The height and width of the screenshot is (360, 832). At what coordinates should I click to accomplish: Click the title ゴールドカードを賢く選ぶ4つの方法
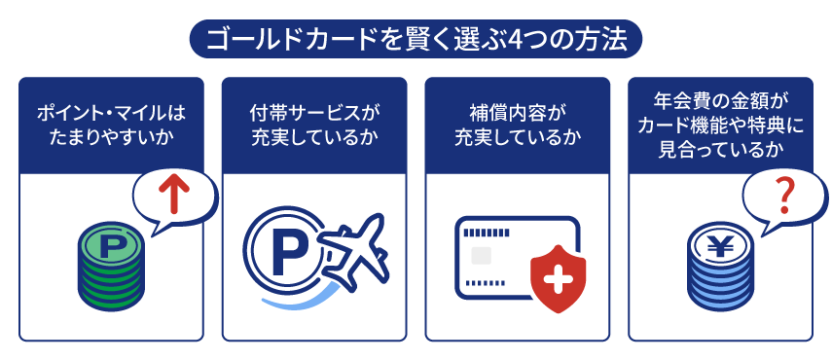[x=416, y=40]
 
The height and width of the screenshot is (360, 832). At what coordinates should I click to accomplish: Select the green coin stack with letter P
[x=110, y=268]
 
